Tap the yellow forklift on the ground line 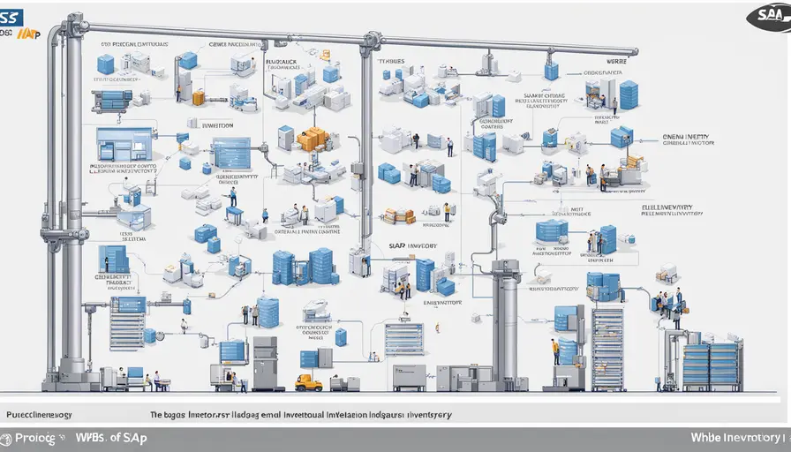click(308, 382)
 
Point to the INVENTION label click(211, 125)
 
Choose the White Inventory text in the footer click(738, 438)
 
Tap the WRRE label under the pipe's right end click(617, 62)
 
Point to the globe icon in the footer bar click(6, 439)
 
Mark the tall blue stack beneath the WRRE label click(629, 94)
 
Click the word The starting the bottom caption click(157, 414)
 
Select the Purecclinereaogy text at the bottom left click(39, 414)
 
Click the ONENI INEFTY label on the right click(686, 138)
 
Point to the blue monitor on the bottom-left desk click(135, 373)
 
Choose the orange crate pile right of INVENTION click(313, 139)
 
